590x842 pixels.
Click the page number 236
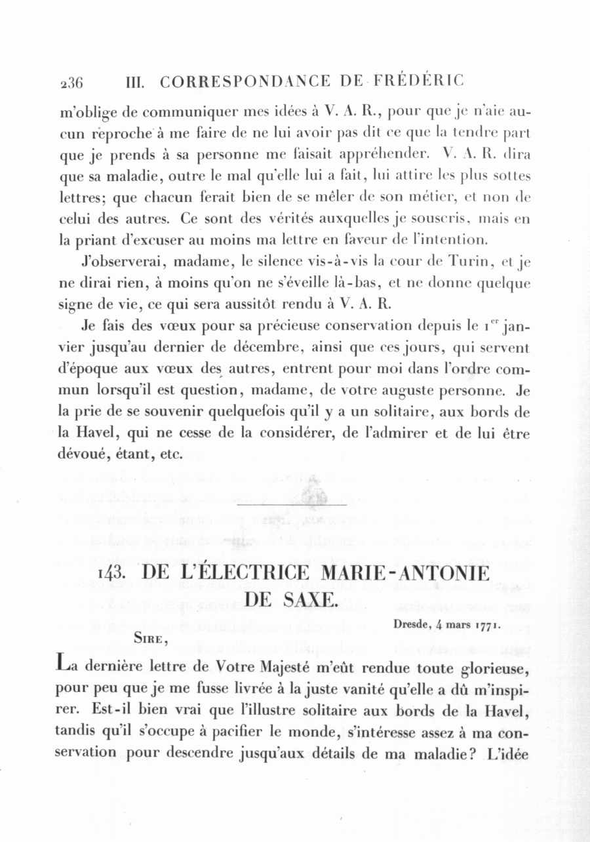(x=71, y=83)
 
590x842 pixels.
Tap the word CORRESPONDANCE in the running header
(x=246, y=82)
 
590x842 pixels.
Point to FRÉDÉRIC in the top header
(x=424, y=81)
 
